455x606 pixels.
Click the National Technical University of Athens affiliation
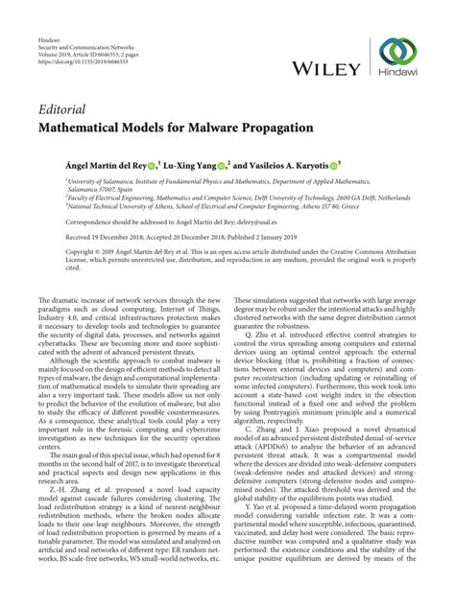[x=192, y=203]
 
